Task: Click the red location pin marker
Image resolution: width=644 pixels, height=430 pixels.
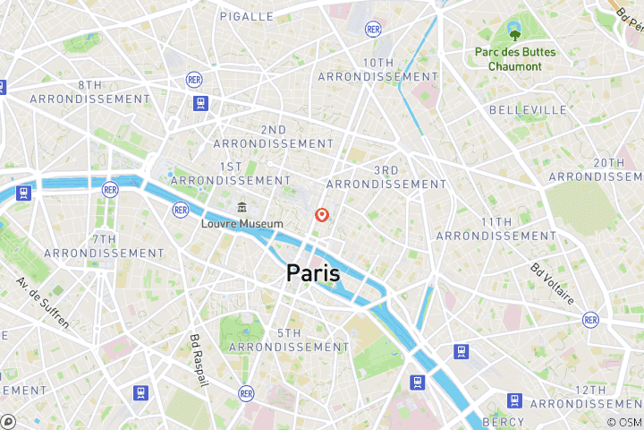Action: (322, 215)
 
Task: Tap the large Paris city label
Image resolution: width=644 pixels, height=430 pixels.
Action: (313, 273)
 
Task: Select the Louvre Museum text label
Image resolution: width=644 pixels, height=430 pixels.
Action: (241, 224)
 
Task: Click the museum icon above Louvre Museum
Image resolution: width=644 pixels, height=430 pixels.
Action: (241, 208)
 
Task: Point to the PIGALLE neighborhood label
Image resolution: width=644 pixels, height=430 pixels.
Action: (246, 16)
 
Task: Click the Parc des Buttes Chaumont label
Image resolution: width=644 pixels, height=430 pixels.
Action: (514, 59)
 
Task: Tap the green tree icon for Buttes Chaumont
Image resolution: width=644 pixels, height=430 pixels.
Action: (514, 35)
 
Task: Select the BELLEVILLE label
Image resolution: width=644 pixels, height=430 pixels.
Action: (528, 109)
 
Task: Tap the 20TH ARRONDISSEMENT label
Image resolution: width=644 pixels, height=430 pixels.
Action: (608, 169)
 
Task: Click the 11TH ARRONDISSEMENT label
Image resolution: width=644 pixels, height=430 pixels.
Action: (495, 228)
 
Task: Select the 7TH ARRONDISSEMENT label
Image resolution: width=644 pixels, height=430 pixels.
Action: (104, 246)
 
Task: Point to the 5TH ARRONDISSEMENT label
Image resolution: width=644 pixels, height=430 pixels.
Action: (289, 340)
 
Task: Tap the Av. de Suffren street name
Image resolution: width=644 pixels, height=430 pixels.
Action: (42, 304)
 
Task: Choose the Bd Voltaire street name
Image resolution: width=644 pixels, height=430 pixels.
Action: (552, 283)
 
